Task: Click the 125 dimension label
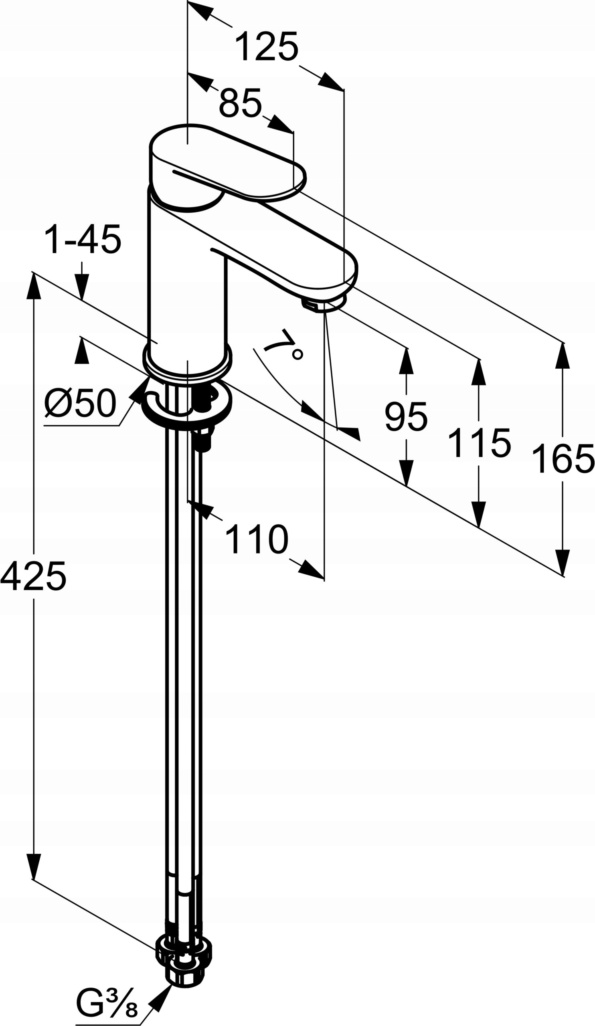click(267, 47)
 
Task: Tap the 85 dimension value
click(240, 103)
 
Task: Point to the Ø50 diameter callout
click(80, 403)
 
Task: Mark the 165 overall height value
click(563, 459)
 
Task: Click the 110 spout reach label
click(257, 539)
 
